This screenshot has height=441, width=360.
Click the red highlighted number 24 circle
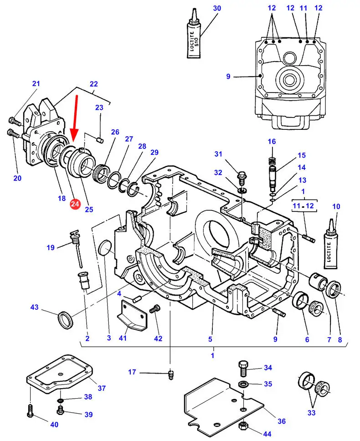[75, 205]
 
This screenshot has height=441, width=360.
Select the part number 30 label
[217, 8]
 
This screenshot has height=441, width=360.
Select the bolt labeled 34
[243, 366]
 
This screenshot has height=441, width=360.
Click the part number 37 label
[102, 388]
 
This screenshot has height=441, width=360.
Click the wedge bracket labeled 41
[134, 315]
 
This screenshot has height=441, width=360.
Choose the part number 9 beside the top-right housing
[228, 77]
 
